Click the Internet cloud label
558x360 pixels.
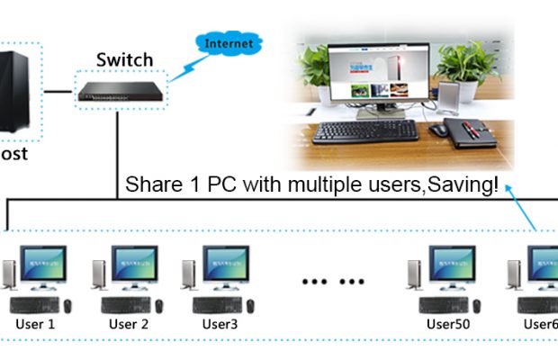[229, 43]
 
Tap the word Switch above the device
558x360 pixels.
[124, 60]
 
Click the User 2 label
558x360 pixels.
[128, 324]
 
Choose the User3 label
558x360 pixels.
[220, 324]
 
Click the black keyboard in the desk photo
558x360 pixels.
[366, 131]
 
